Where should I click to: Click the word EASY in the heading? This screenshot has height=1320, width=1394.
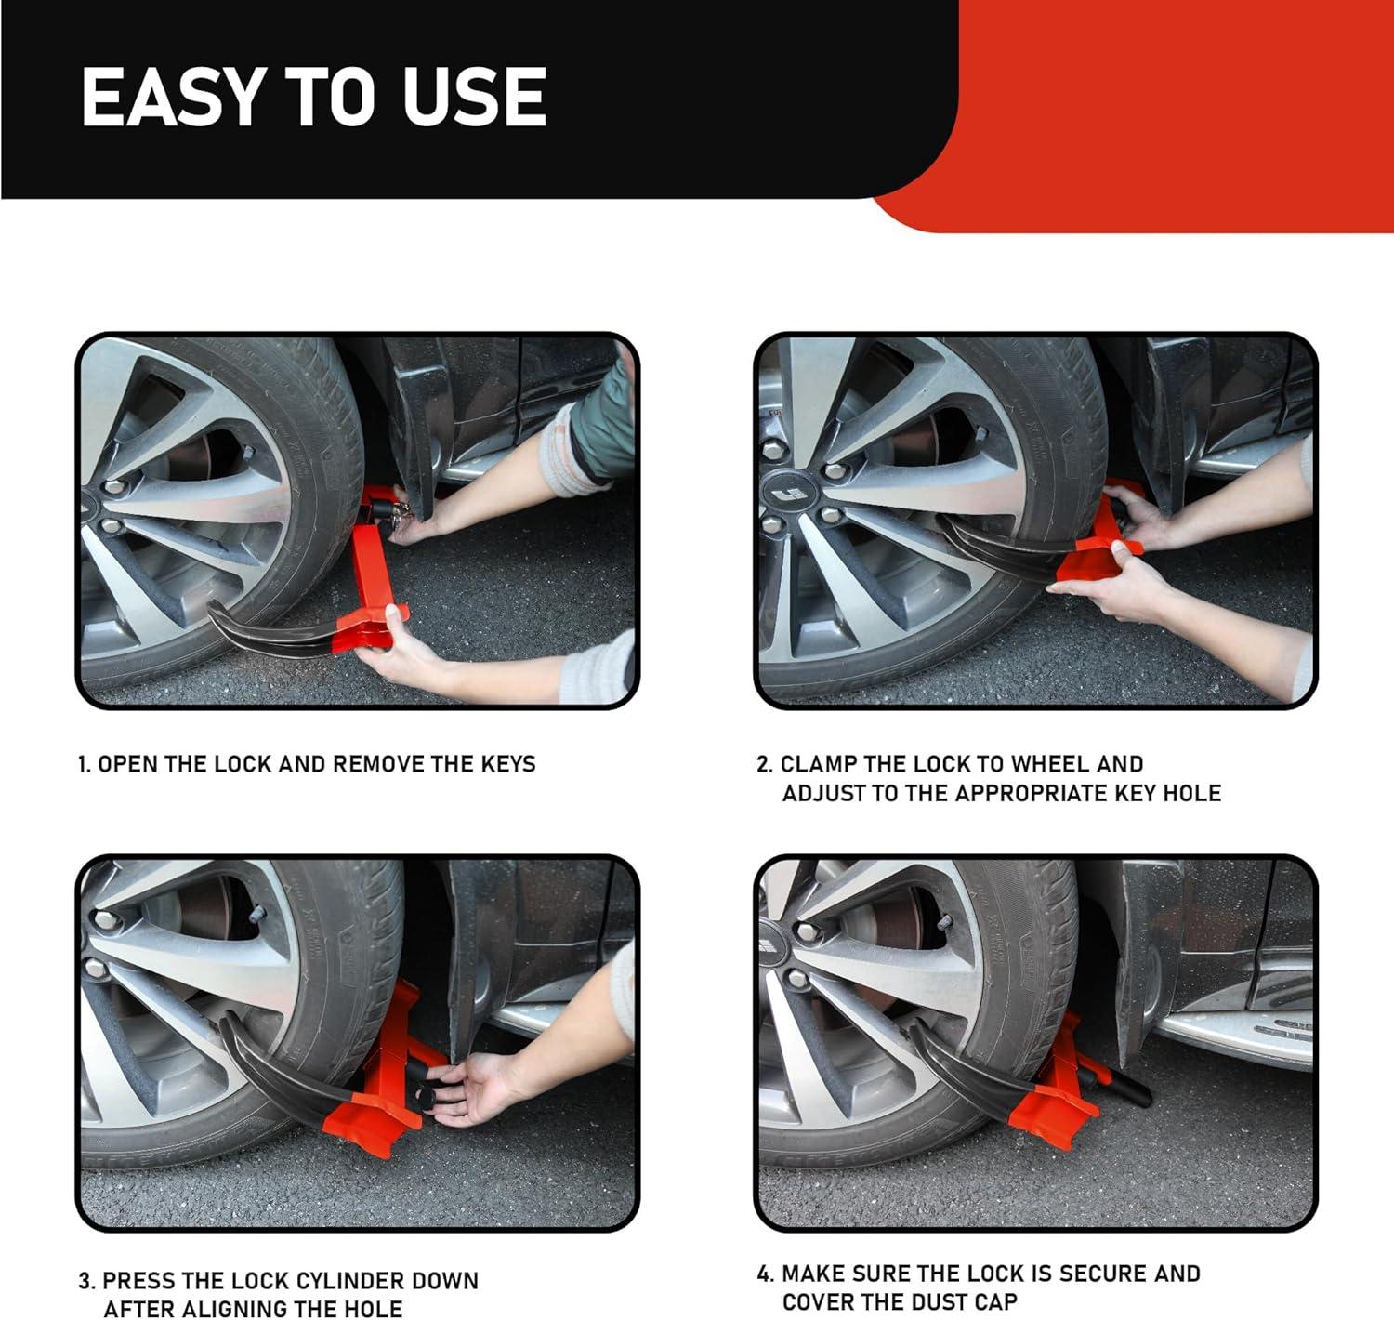pyautogui.click(x=173, y=98)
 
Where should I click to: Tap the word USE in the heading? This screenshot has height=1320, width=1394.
pyautogui.click(x=474, y=98)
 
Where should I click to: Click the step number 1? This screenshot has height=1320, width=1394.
pyautogui.click(x=84, y=764)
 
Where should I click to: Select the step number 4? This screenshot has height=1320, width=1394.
pyautogui.click(x=764, y=1274)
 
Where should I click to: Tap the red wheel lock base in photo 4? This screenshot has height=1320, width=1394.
pyautogui.click(x=1048, y=1105)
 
